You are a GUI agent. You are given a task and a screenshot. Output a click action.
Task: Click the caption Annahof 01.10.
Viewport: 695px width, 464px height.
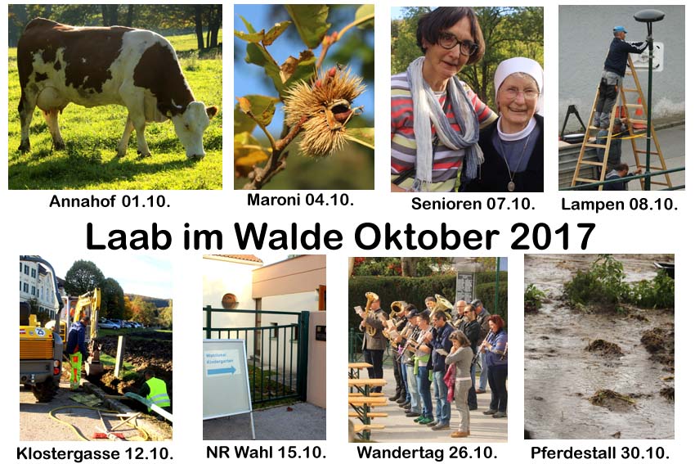tap(110, 201)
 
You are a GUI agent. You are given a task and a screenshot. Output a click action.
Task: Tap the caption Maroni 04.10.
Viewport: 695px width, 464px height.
tap(300, 200)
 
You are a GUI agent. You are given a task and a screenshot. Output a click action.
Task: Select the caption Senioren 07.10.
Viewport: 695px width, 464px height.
tap(473, 204)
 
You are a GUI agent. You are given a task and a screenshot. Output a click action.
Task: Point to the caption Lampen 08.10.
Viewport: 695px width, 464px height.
tap(619, 204)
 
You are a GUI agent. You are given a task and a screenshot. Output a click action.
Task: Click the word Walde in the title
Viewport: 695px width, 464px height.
tap(288, 237)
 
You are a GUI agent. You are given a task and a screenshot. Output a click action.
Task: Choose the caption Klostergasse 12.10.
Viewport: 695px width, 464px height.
tap(94, 454)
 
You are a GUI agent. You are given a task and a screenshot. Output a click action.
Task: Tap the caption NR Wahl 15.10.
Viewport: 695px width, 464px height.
tap(266, 452)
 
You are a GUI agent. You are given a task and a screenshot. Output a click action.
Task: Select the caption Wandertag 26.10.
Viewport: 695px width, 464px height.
tap(427, 453)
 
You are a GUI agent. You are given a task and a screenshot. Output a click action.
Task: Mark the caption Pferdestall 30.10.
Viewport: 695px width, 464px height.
tap(599, 453)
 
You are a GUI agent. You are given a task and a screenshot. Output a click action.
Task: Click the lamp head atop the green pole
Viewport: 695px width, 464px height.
tap(649, 16)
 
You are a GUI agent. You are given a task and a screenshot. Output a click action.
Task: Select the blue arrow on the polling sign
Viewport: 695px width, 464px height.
tap(222, 371)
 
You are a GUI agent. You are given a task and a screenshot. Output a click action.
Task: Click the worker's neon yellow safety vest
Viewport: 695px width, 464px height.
tap(158, 393)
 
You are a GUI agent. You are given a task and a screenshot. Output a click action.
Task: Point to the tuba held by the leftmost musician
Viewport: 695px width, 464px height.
tap(370, 313)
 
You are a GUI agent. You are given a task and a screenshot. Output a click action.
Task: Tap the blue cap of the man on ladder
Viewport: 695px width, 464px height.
tap(619, 29)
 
